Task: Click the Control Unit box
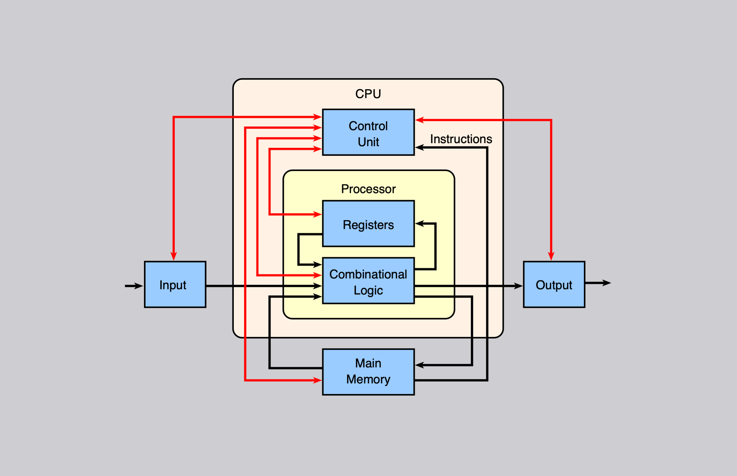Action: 368,132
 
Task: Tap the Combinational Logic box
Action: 368,281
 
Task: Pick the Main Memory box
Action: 368,372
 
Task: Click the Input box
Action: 175,285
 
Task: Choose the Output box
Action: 554,285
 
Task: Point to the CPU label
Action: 368,94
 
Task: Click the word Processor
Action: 368,189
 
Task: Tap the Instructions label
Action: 461,139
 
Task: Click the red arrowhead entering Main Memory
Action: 318,380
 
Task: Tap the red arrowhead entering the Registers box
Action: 318,214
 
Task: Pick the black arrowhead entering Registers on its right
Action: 419,223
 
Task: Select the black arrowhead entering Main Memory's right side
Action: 419,365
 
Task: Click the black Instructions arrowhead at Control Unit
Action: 419,148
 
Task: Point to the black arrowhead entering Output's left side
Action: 519,286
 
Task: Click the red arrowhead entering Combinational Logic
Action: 318,275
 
